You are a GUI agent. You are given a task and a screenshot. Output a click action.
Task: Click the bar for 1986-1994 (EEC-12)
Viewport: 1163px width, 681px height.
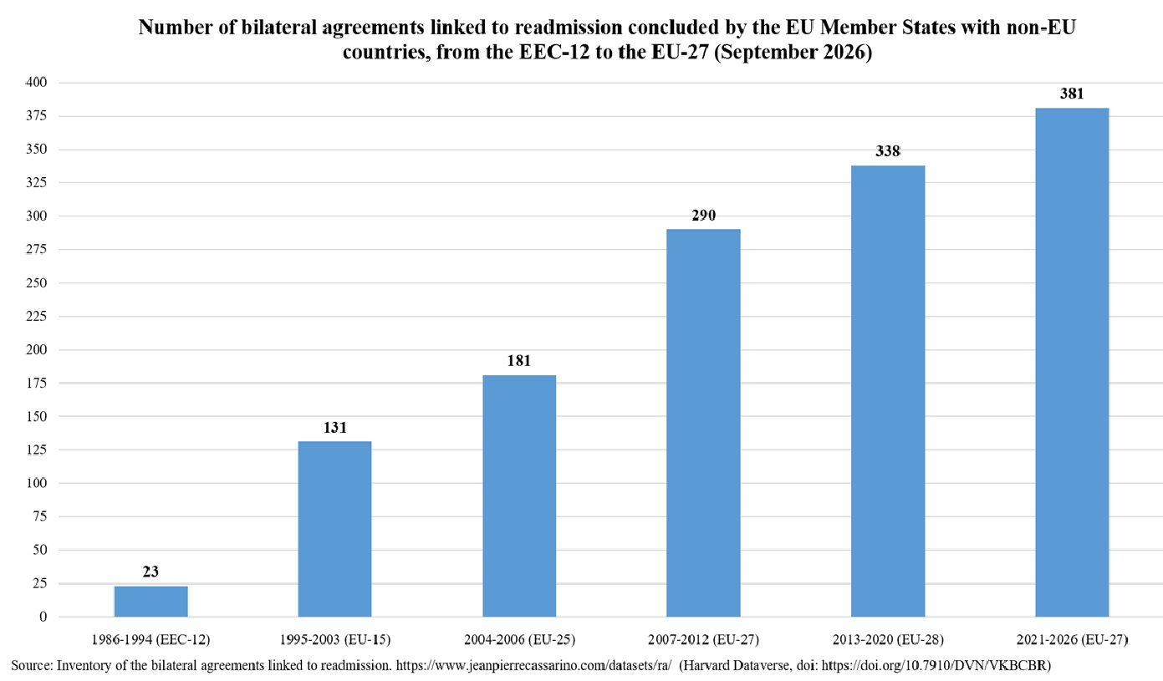[151, 602]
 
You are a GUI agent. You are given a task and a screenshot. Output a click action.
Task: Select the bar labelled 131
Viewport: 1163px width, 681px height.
[335, 529]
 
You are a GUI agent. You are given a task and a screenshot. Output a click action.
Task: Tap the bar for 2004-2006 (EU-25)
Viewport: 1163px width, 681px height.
[519, 496]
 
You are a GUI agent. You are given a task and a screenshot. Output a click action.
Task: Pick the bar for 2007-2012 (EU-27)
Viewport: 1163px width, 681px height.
[703, 423]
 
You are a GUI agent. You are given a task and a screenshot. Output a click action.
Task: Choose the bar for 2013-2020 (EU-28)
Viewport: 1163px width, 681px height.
[888, 391]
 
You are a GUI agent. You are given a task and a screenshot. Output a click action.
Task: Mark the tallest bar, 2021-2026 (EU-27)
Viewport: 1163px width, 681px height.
[1072, 363]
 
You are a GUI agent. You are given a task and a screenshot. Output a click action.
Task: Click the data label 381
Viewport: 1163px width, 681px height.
[1072, 94]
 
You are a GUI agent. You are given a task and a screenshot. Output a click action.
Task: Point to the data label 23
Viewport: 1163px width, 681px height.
[150, 572]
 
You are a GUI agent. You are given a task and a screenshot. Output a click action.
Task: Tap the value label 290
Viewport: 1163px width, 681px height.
[703, 215]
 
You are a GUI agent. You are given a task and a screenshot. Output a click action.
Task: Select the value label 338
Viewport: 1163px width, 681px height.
[888, 151]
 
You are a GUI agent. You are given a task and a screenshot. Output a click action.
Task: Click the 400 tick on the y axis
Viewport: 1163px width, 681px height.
[36, 82]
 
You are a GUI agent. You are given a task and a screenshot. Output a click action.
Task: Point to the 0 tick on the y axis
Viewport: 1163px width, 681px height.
[43, 617]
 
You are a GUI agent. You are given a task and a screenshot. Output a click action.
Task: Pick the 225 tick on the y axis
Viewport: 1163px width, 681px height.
[36, 316]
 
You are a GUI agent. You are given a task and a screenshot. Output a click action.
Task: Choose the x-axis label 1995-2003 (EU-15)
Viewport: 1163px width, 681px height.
[335, 639]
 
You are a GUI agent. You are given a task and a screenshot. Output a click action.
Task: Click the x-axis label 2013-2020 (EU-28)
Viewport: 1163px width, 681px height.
[888, 639]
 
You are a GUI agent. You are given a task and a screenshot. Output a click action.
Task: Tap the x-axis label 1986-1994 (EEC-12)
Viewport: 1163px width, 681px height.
[150, 639]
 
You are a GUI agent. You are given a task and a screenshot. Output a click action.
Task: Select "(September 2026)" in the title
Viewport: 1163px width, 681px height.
[793, 53]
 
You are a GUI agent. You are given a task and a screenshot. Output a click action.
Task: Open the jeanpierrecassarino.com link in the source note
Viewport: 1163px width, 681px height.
[533, 665]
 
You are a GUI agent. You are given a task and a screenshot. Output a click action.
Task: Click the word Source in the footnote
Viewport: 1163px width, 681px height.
[32, 665]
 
